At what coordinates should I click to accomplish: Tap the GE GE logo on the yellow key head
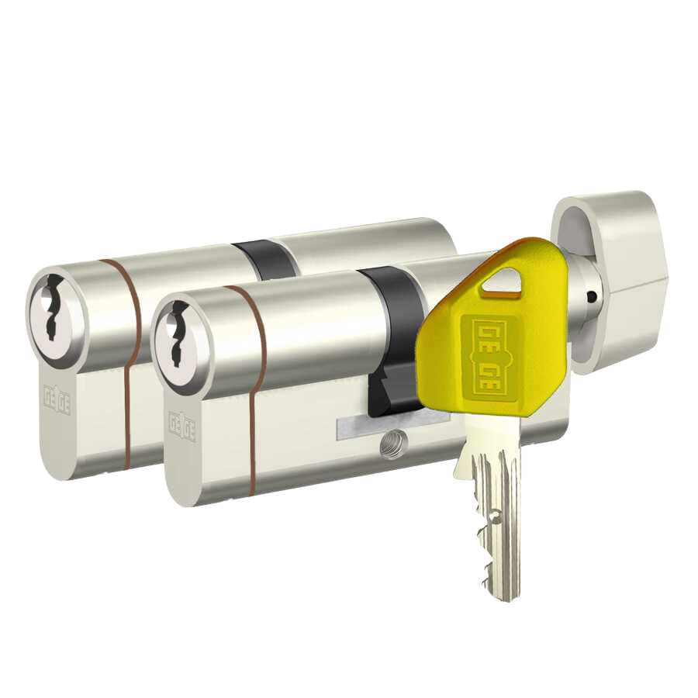(489, 356)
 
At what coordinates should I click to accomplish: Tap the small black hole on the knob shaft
(591, 296)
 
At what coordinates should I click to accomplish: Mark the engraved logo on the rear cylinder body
(57, 400)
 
